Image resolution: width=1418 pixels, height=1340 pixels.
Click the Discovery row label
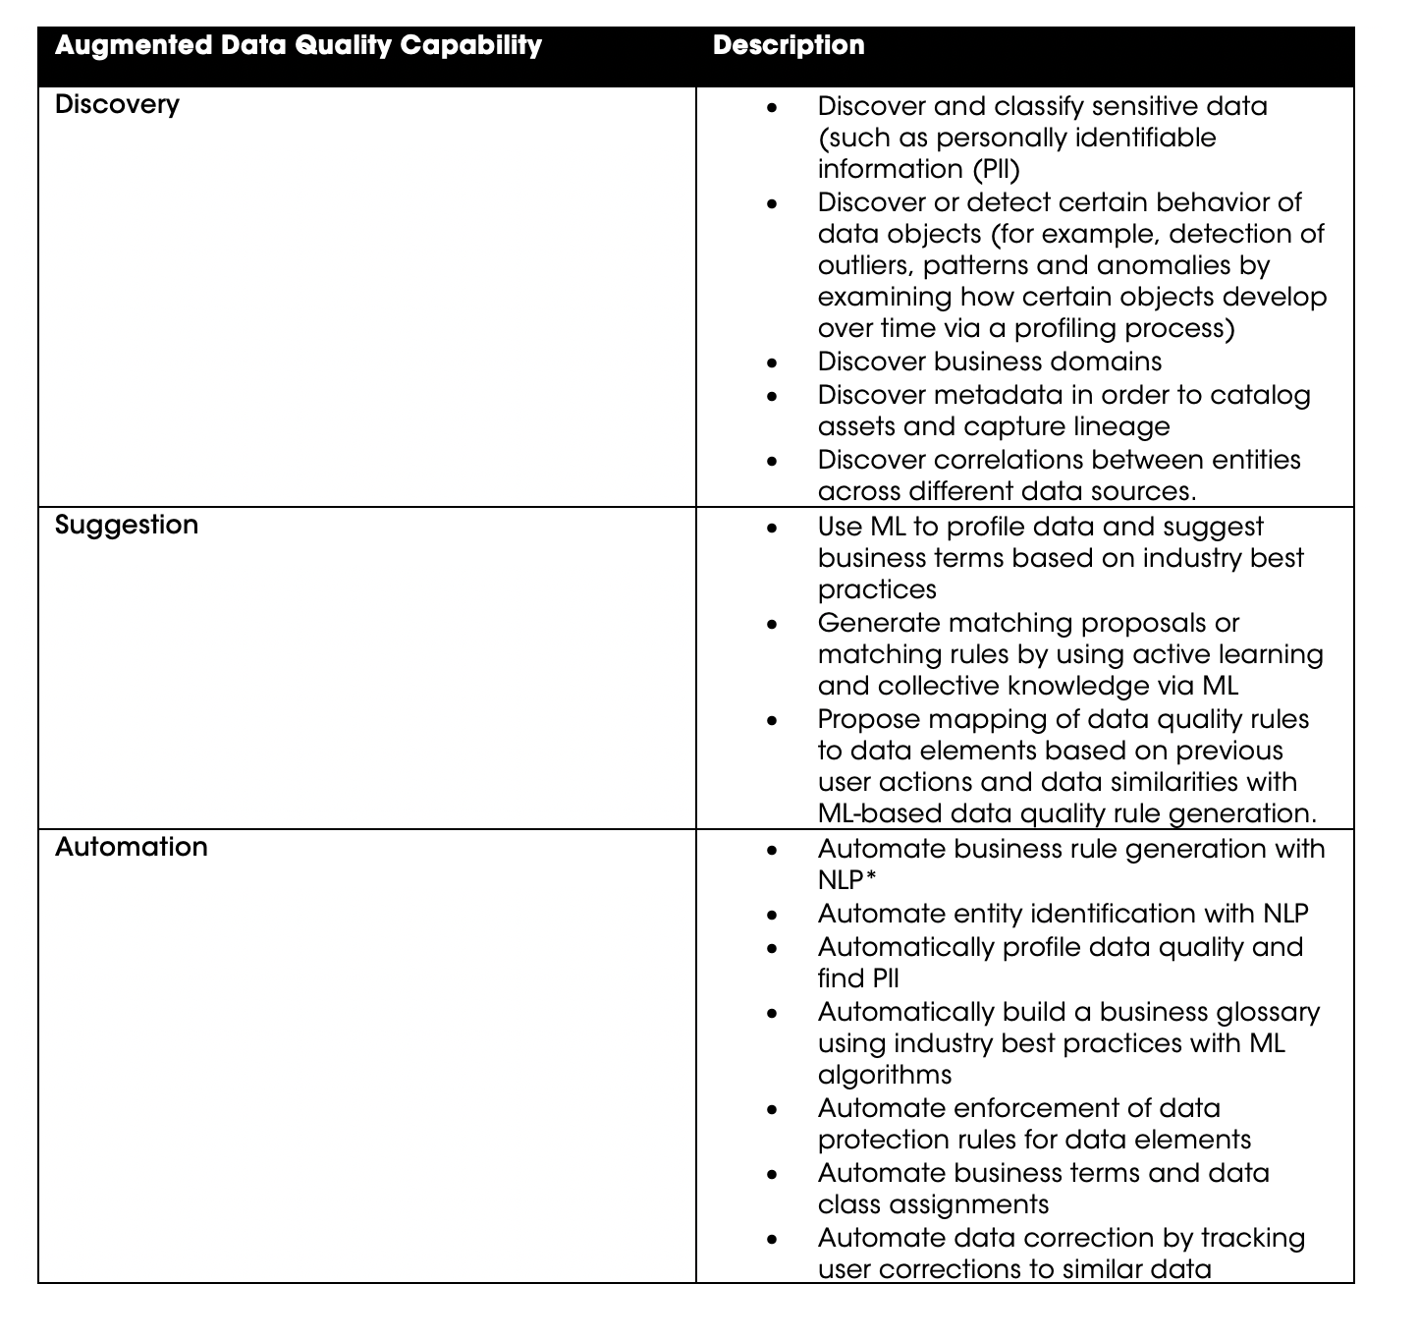(117, 104)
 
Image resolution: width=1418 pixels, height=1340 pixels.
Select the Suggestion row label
(127, 525)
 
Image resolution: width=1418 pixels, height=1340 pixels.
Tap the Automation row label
(132, 847)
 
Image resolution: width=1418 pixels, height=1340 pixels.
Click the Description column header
(789, 45)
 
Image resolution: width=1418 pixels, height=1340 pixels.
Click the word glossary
(1268, 1012)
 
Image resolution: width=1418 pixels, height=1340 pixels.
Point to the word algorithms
(885, 1075)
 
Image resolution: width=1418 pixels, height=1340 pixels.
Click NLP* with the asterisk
(847, 880)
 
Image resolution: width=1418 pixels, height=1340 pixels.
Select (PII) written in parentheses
(996, 170)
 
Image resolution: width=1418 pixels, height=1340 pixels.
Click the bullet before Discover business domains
(773, 363)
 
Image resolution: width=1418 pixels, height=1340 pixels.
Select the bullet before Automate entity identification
(773, 916)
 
